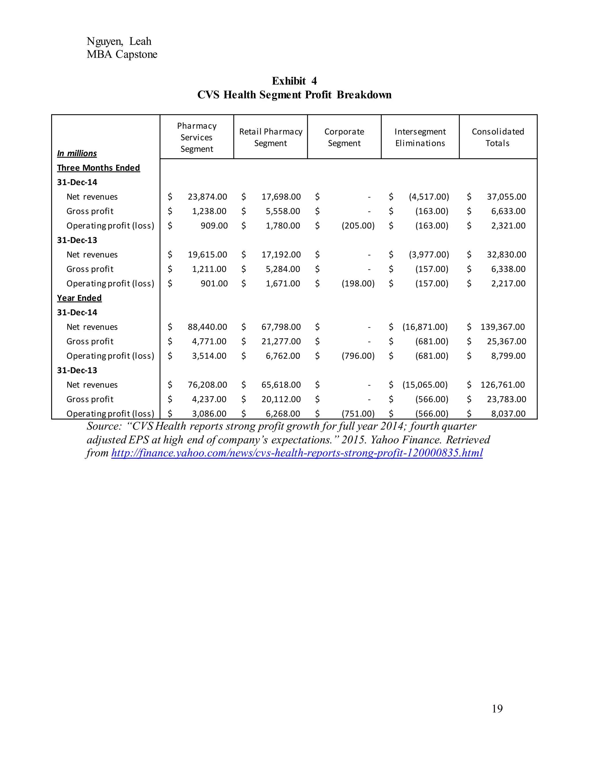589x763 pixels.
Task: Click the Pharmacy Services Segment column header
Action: pyautogui.click(x=197, y=137)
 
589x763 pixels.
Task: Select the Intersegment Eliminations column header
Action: pyautogui.click(x=420, y=137)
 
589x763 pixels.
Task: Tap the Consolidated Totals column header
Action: pyautogui.click(x=498, y=137)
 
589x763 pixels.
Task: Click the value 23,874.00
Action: pyautogui.click(x=207, y=197)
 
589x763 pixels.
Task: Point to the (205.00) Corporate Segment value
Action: pyautogui.click(x=358, y=226)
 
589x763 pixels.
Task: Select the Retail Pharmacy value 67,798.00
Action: pyautogui.click(x=281, y=327)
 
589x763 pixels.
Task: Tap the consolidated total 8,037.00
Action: pyautogui.click(x=508, y=414)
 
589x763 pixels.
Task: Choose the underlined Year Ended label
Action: pyautogui.click(x=79, y=298)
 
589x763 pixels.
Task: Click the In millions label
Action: pyautogui.click(x=77, y=153)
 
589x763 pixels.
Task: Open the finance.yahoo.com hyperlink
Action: pyautogui.click(x=297, y=453)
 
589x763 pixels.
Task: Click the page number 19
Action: pyautogui.click(x=497, y=709)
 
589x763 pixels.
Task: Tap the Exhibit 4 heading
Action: pyautogui.click(x=294, y=81)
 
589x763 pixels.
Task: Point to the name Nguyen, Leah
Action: pyautogui.click(x=119, y=41)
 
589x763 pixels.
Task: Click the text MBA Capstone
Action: pyautogui.click(x=122, y=54)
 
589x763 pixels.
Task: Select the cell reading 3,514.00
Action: pyautogui.click(x=209, y=356)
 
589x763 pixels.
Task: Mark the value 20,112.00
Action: pyautogui.click(x=281, y=399)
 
